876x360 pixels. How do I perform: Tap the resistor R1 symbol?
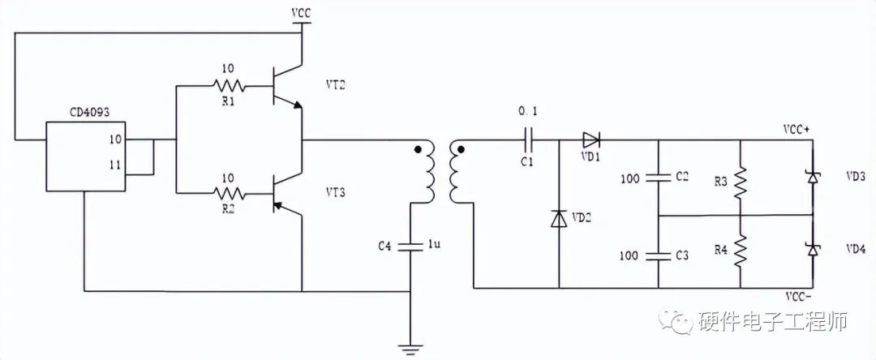(230, 85)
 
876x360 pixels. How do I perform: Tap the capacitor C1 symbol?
(528, 139)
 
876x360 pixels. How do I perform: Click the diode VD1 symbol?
(590, 139)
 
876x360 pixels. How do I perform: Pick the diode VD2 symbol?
(559, 218)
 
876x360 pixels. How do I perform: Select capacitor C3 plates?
(658, 255)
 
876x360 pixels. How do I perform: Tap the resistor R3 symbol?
(741, 184)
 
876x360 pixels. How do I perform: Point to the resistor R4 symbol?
(741, 251)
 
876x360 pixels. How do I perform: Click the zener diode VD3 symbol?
(812, 176)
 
